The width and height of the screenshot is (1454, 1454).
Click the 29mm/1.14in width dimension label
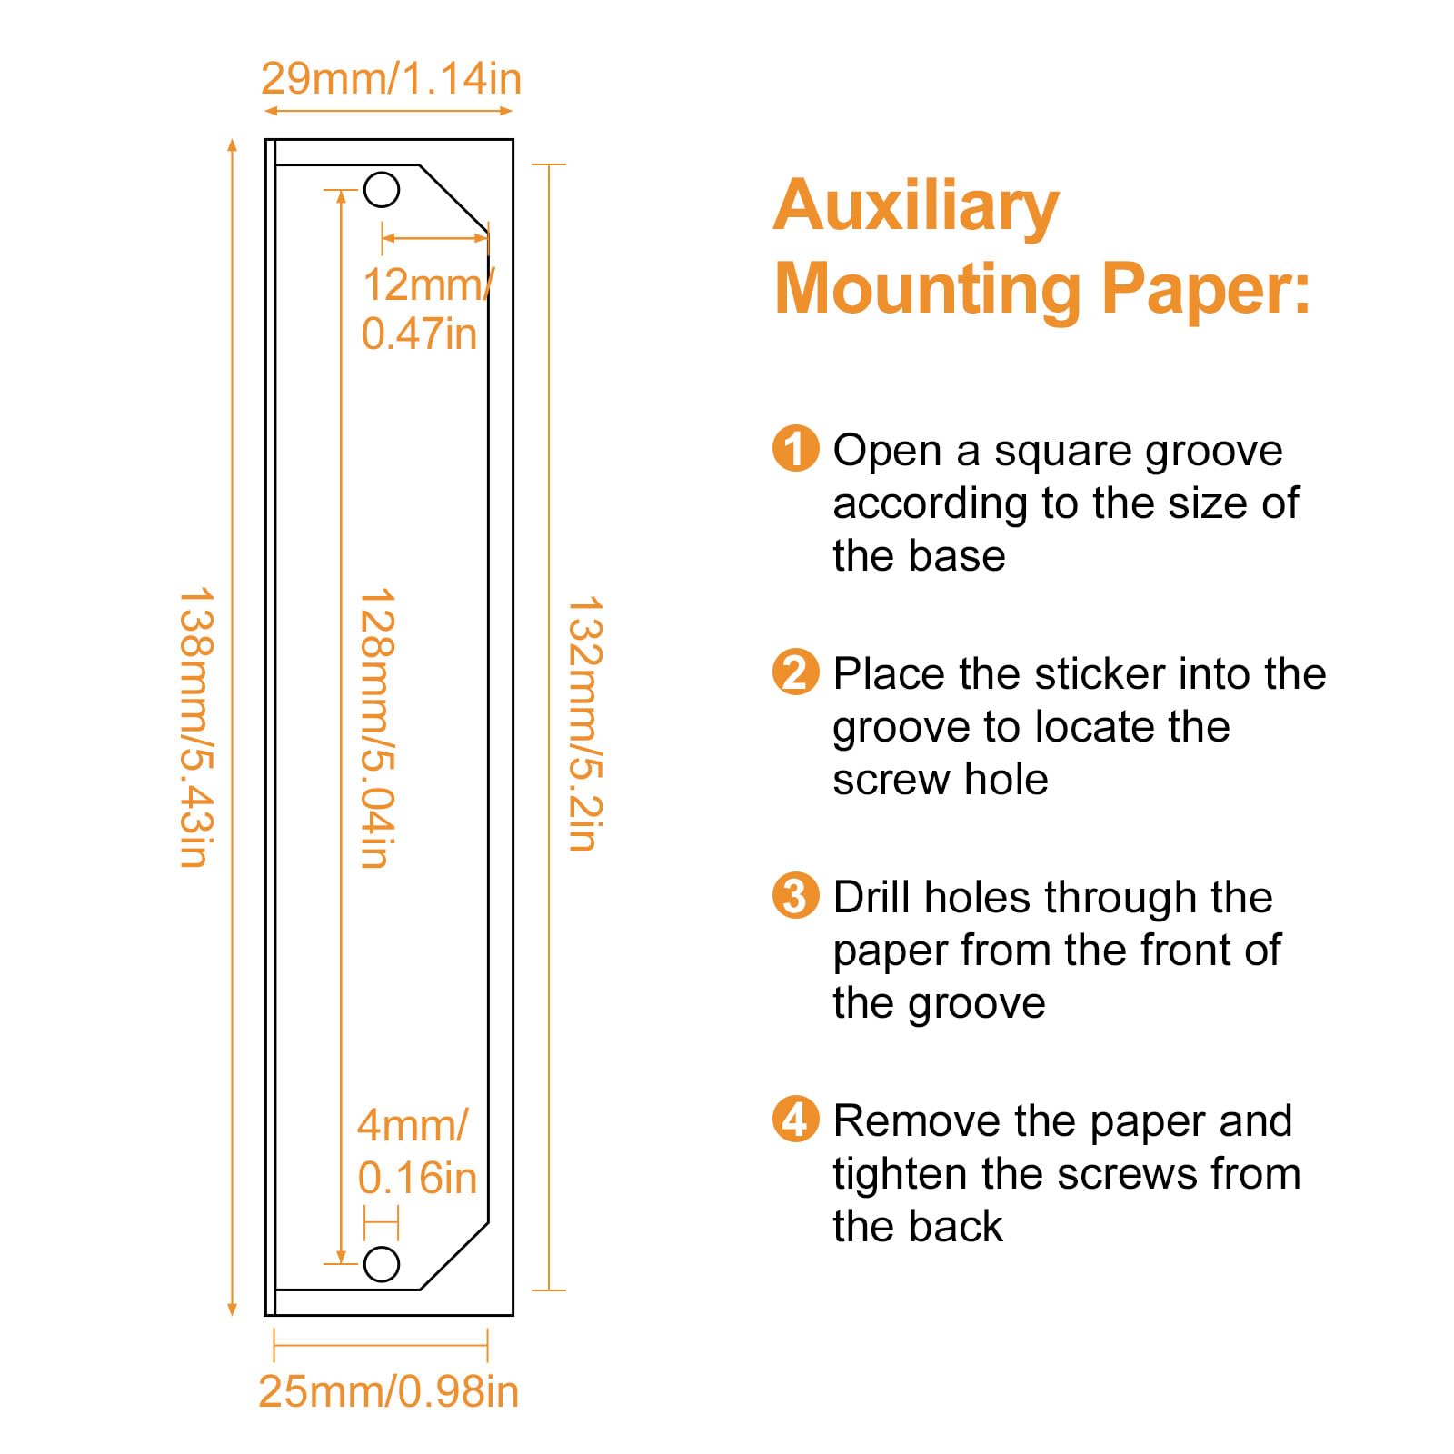click(391, 79)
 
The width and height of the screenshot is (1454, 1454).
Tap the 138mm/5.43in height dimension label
click(195, 727)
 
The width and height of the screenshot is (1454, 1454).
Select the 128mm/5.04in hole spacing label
click(377, 727)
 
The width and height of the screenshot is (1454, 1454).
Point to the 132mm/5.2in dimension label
click(584, 723)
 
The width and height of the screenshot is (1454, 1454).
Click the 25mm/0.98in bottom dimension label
click(388, 1391)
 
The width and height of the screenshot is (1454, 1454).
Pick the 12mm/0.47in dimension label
click(423, 309)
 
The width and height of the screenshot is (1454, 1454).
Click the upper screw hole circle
click(382, 190)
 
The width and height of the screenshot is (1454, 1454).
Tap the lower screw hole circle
click(382, 1264)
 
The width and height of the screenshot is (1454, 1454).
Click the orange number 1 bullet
click(795, 449)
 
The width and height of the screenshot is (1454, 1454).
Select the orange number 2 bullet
click(795, 672)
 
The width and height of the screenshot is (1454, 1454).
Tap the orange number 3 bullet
click(795, 896)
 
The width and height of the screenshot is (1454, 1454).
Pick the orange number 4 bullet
click(795, 1120)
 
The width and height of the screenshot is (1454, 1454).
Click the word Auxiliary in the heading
click(916, 207)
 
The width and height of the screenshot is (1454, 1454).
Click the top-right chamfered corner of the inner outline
click(453, 195)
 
